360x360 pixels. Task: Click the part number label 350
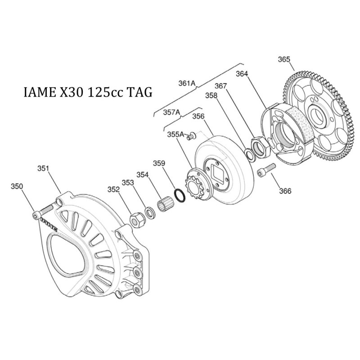click(17, 186)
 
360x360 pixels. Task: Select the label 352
click(113, 189)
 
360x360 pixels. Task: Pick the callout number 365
click(284, 59)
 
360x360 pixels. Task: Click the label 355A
click(175, 134)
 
